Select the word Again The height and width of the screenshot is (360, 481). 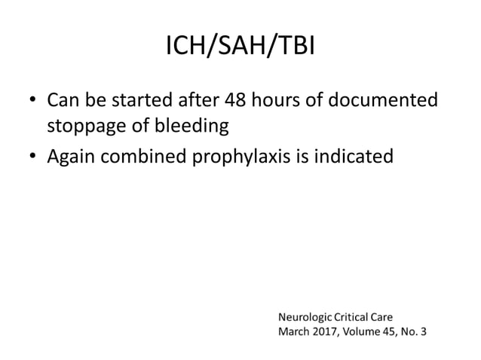click(72, 157)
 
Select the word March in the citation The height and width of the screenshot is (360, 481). click(295, 331)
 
